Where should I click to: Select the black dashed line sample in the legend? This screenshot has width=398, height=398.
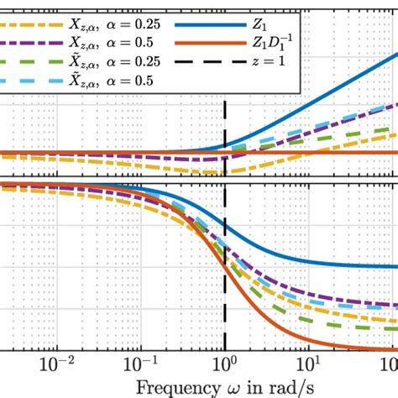pos(198,62)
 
